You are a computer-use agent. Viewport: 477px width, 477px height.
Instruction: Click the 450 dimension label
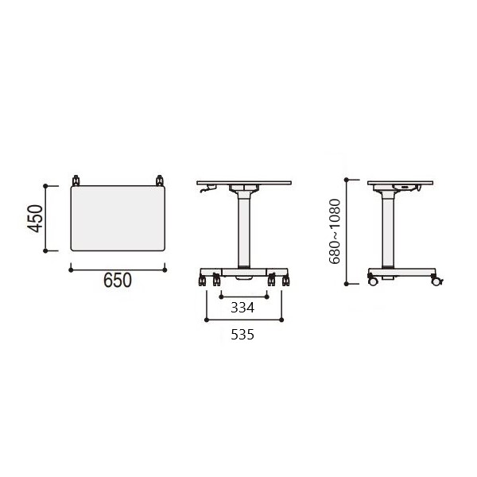coord(35,219)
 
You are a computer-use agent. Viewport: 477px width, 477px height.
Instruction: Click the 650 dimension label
coord(118,280)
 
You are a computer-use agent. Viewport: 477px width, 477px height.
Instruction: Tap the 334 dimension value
coord(242,308)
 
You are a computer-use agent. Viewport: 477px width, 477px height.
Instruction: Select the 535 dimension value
coord(242,335)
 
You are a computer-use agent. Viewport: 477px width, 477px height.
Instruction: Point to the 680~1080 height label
coord(335,231)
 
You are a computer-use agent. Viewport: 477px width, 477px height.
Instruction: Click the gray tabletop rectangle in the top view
coord(118,218)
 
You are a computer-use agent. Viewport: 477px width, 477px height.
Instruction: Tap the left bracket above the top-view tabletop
coord(76,180)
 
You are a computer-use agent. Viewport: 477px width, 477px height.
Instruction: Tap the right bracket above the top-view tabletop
coord(160,180)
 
